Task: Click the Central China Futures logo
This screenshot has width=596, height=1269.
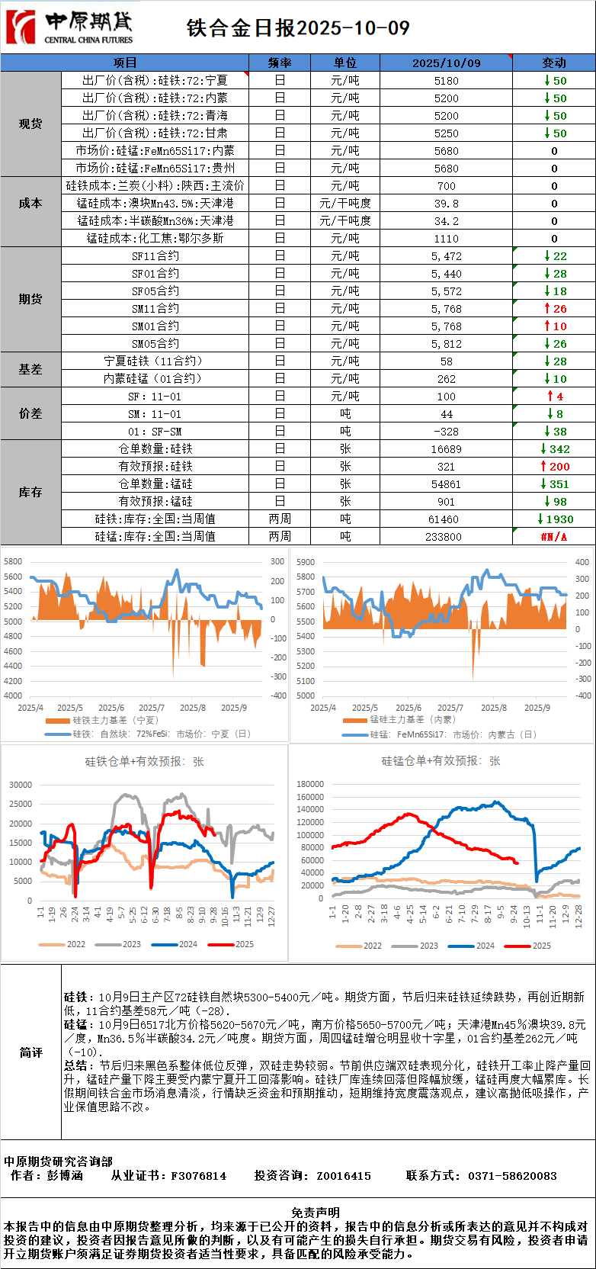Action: [x=69, y=27]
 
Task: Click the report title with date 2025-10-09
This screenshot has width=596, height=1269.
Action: [x=298, y=28]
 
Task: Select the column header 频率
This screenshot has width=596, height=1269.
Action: [x=280, y=63]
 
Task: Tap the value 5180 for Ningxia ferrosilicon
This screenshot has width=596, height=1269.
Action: [x=446, y=81]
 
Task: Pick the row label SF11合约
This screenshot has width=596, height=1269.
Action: [x=155, y=256]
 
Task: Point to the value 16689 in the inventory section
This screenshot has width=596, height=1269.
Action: [x=446, y=449]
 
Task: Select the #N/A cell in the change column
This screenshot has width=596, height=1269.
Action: [x=554, y=537]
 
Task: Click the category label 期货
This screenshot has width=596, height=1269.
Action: [x=30, y=299]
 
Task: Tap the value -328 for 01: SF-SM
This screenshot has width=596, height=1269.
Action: [x=446, y=432]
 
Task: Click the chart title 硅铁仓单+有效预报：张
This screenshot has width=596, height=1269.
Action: [x=144, y=761]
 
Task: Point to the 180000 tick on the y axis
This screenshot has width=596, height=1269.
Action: [x=310, y=784]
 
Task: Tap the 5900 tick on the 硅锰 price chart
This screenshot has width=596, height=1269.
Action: [x=305, y=562]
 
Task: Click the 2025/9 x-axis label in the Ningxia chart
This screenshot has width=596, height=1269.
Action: [x=233, y=708]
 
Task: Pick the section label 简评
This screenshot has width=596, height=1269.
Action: [x=30, y=1052]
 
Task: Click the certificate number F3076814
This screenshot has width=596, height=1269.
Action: [x=198, y=1176]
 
